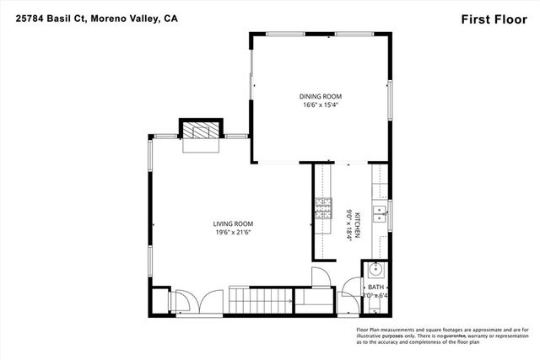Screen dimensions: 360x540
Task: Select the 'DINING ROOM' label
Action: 321,96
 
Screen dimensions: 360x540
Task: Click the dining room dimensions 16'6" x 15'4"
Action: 321,105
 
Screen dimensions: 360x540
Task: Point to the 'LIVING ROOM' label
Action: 233,223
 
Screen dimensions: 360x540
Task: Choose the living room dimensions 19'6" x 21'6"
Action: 233,233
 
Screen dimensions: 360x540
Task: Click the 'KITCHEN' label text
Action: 358,225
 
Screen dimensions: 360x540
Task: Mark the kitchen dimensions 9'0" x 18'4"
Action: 347,225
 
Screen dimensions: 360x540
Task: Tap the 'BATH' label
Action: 375,287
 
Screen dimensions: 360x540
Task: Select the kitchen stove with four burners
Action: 323,202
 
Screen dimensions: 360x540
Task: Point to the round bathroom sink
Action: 376,271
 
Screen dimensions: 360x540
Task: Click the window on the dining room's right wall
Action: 390,101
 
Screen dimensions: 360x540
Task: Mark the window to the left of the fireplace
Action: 165,136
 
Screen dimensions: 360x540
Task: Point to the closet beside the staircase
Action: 311,298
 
